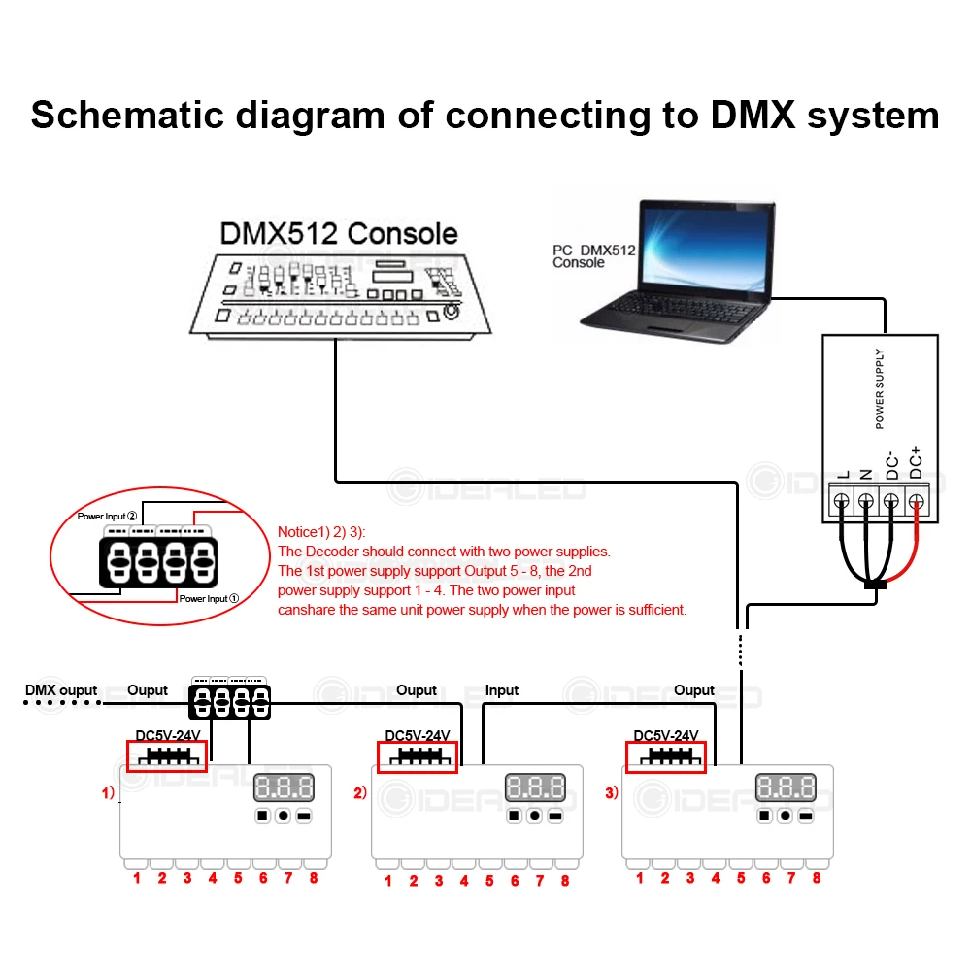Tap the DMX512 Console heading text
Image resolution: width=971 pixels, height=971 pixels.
[x=339, y=233]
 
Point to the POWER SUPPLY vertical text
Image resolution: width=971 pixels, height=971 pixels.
[x=880, y=389]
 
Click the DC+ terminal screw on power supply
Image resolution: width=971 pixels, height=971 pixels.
[x=915, y=501]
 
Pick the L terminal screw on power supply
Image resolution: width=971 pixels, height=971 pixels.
[x=842, y=501]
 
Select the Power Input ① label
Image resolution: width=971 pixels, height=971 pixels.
[x=209, y=599]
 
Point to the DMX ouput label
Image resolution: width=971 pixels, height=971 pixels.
[x=61, y=690]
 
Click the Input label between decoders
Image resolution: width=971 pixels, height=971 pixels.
[x=502, y=690]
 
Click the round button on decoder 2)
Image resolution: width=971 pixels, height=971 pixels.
[x=534, y=817]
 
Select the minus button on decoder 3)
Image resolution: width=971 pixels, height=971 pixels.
[x=805, y=817]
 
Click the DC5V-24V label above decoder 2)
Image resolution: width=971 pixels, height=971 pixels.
[x=419, y=735]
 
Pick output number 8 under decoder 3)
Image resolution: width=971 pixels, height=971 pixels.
[x=817, y=879]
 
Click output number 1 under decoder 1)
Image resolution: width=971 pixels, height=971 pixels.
[x=137, y=879]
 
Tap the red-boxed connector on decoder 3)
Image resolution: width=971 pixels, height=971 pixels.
[x=667, y=757]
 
